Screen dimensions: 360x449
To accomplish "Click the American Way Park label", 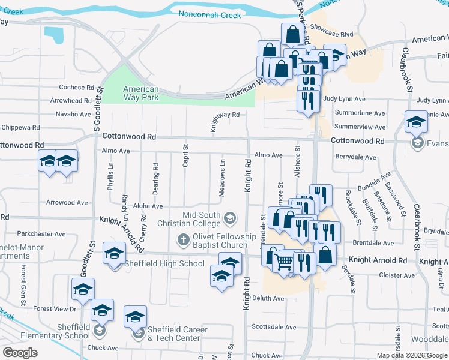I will pos(141,93).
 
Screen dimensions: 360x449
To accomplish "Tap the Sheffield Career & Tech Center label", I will pos(178,334).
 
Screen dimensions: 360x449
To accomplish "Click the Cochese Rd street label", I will pos(76,88).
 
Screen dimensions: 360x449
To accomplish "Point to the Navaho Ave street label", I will pos(73,114).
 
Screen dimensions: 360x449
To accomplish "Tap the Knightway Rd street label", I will pos(225,115).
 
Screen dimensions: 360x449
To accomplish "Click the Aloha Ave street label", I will pos(148,206).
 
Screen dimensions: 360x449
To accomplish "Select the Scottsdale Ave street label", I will pos(274,328).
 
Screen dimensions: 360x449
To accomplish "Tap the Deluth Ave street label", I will pos(268,298).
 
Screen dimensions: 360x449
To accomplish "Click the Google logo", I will pos(20,353).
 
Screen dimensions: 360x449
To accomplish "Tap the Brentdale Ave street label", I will pos(373,243).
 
